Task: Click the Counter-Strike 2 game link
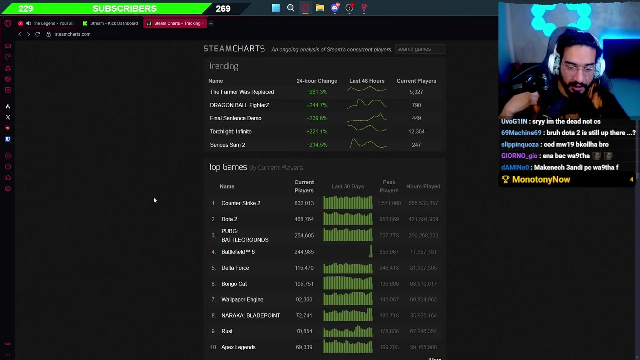pos(241,203)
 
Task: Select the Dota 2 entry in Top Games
pos(229,219)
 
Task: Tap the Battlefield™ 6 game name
pos(238,252)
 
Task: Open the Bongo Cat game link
pos(234,284)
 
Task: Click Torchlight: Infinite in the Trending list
pos(231,132)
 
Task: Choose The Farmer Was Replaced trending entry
pos(242,92)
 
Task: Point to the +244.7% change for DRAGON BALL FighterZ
pos(317,105)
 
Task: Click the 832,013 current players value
pos(304,203)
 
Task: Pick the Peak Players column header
pos(389,186)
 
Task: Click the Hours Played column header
pos(423,186)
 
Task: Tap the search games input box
pos(420,49)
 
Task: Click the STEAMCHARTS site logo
pos(234,49)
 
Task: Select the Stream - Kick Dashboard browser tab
pos(113,23)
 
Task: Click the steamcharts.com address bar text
pos(73,34)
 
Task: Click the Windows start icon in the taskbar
pos(276,8)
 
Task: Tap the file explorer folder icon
pos(320,8)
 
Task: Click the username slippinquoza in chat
pos(520,144)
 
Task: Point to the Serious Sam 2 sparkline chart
pos(367,144)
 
